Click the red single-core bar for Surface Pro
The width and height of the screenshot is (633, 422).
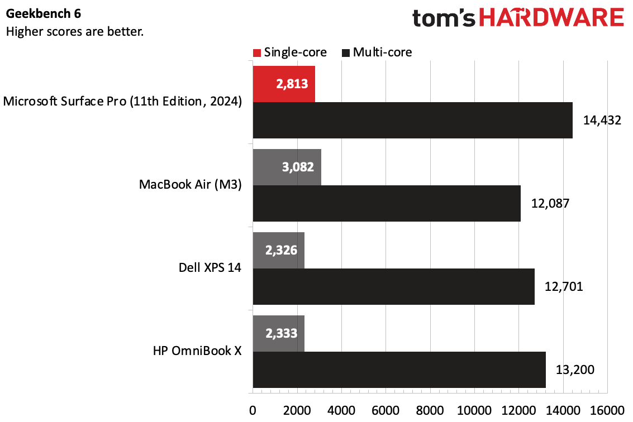(284, 84)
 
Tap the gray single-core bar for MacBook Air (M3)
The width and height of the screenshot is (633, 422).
(287, 167)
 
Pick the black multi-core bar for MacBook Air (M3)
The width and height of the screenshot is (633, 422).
(387, 203)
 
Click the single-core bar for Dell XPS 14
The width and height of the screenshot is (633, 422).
(278, 250)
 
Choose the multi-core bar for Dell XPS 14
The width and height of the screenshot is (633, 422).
(393, 286)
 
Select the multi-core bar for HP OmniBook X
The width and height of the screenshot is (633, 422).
(399, 370)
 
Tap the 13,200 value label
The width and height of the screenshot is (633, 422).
(574, 370)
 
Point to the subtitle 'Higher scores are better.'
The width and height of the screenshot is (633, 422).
(74, 31)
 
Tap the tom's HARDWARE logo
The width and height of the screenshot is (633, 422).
(518, 18)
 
